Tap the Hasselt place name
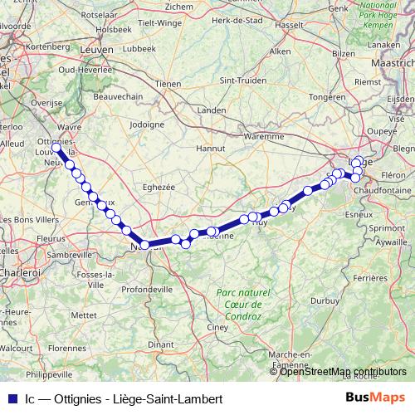coord(290,24)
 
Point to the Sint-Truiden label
coord(238,81)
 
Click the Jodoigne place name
coord(147,124)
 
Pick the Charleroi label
coord(18,271)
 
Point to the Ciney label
coord(218,328)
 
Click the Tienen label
coord(168,84)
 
